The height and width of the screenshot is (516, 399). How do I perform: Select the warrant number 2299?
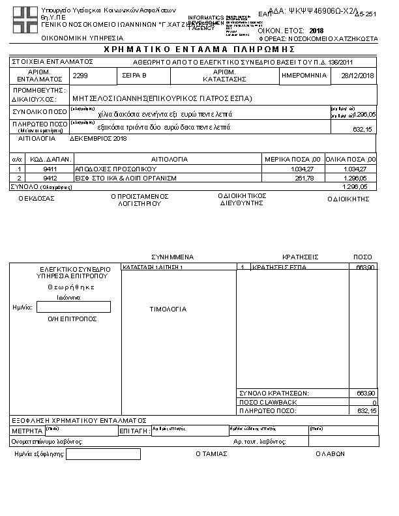[81, 76]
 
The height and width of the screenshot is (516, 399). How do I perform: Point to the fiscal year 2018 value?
[316, 31]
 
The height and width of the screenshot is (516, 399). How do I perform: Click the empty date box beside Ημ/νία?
[74, 307]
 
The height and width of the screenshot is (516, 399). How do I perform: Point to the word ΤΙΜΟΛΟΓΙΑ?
[168, 309]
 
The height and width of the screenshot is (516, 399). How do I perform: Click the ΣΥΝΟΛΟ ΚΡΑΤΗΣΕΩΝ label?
[274, 394]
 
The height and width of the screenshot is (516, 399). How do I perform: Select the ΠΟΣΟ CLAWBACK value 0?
[374, 403]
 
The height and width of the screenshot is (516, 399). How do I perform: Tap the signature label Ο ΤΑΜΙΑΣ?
[211, 454]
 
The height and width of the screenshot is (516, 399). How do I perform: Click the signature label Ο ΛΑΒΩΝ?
[329, 454]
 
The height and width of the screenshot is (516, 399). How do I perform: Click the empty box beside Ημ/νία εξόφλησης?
[94, 454]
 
